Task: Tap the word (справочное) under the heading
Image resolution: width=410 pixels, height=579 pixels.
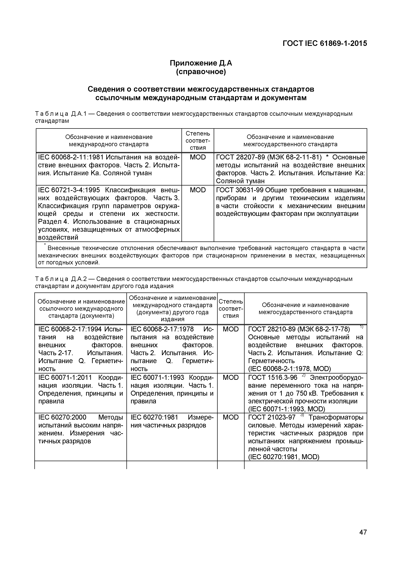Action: [201, 72]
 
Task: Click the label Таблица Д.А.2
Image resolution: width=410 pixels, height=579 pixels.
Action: [61, 279]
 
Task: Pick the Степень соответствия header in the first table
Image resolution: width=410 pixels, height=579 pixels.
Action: [198, 140]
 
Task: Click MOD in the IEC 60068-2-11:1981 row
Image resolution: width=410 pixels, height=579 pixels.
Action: [198, 157]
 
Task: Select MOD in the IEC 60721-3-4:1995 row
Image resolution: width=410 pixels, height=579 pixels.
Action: [198, 190]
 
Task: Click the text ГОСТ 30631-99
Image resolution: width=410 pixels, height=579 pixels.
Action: [239, 190]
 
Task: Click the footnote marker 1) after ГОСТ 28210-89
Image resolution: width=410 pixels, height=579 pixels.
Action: [362, 327]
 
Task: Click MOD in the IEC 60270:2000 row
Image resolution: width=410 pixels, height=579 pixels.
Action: [231, 417]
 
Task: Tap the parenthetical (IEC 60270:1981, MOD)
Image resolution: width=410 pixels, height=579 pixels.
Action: [284, 457]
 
